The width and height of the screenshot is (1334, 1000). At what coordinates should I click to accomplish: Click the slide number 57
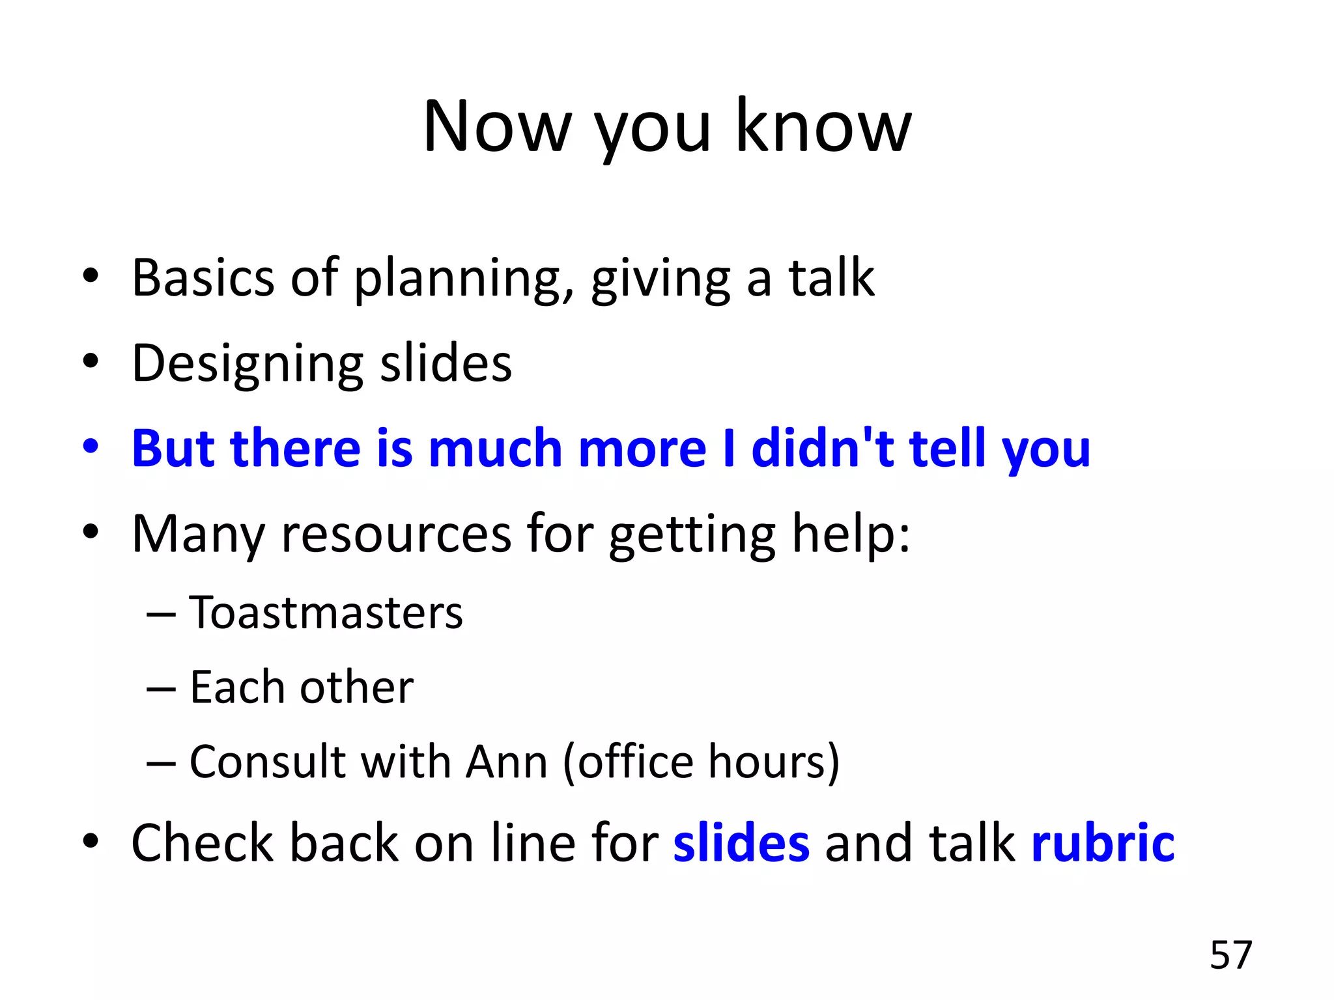[x=1230, y=955]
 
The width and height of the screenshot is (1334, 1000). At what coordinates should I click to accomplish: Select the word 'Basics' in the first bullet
[x=203, y=278]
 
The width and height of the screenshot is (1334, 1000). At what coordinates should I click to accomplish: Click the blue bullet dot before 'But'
[x=91, y=447]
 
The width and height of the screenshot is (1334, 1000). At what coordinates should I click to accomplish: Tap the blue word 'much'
[x=495, y=449]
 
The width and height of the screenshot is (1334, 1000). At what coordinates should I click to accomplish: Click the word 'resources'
[x=396, y=535]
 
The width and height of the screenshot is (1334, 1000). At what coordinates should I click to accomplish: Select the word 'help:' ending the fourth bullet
[x=850, y=535]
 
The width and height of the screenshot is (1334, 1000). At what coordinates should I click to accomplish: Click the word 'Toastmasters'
[x=326, y=613]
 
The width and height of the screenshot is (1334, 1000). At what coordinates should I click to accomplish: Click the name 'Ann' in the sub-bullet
[x=506, y=762]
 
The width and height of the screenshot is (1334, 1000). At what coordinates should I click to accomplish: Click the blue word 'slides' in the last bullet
[x=741, y=843]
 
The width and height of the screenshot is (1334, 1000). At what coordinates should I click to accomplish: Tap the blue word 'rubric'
[x=1103, y=843]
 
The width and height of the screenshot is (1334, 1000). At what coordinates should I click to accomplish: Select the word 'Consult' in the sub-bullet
[x=267, y=762]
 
